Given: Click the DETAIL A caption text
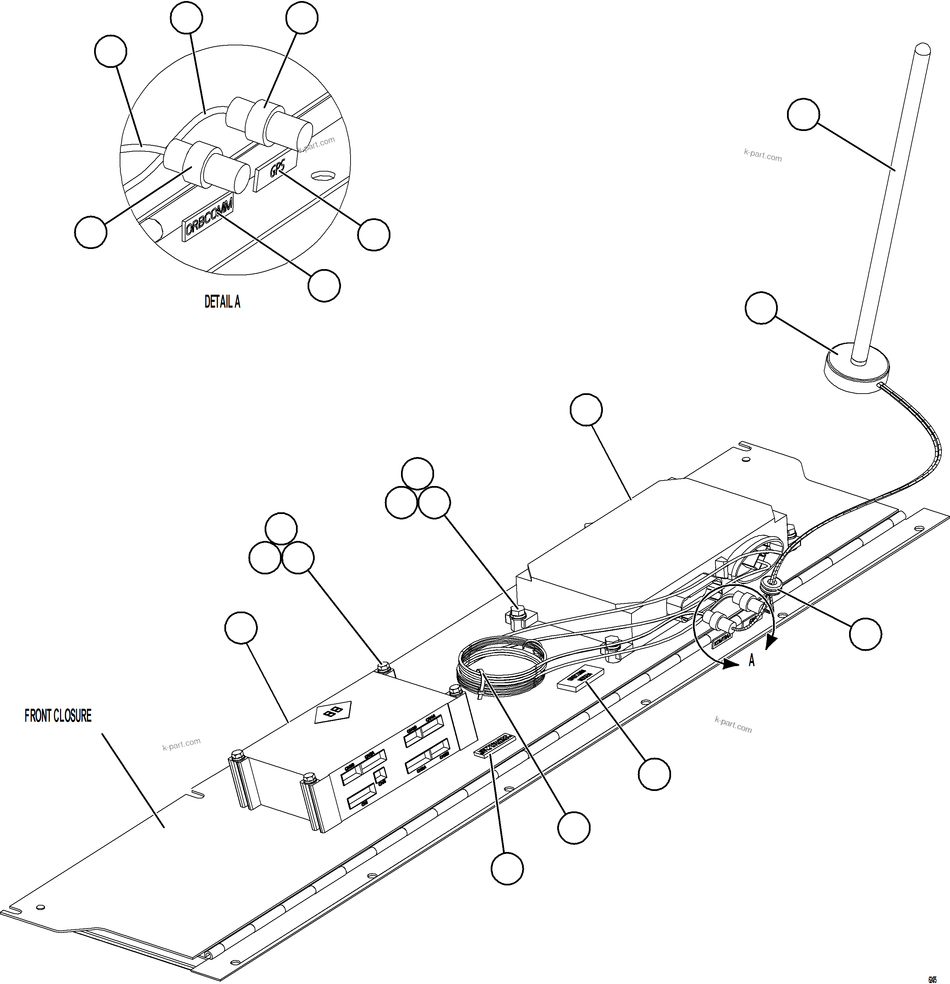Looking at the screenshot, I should click(x=222, y=302).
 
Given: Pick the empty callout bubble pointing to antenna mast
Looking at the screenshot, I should click(x=803, y=115).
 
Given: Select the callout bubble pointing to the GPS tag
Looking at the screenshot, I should click(x=374, y=234).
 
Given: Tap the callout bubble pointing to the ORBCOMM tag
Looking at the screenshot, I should click(x=324, y=286).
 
